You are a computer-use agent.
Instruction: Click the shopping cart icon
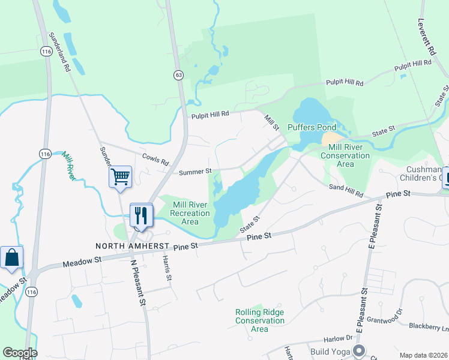(120, 177)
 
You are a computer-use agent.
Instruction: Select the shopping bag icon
(11, 257)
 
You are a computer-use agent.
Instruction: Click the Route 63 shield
(179, 74)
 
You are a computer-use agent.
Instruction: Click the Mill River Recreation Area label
(190, 213)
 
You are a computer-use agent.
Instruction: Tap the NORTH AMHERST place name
(132, 247)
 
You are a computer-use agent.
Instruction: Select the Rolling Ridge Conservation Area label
(259, 320)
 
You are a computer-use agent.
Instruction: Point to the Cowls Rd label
(156, 160)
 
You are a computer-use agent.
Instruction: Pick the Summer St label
(196, 172)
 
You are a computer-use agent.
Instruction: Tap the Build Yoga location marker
(360, 350)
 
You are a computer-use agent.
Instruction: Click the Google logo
(20, 353)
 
